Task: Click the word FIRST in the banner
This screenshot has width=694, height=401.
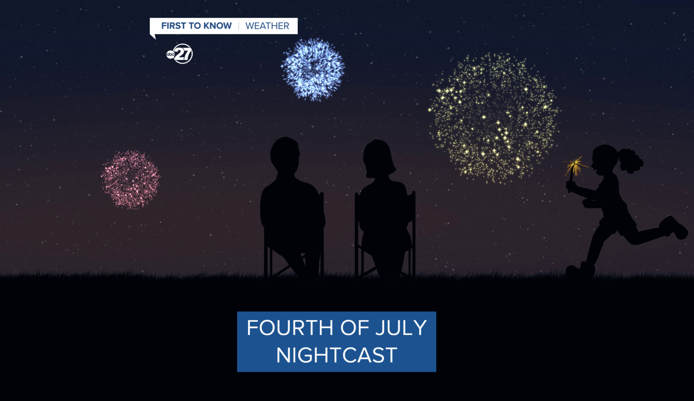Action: [x=173, y=26]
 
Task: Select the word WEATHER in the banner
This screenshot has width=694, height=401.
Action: [x=267, y=26]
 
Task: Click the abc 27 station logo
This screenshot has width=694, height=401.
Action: [x=180, y=54]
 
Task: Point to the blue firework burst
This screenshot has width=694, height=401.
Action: [x=313, y=69]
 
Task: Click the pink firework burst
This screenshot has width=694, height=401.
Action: [x=130, y=180]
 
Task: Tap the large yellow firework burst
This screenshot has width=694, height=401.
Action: [x=493, y=118]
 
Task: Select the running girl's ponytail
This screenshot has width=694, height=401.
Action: [x=631, y=160]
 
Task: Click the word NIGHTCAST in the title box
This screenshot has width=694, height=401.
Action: [x=337, y=355]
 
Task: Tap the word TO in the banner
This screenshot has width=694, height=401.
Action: [x=195, y=26]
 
